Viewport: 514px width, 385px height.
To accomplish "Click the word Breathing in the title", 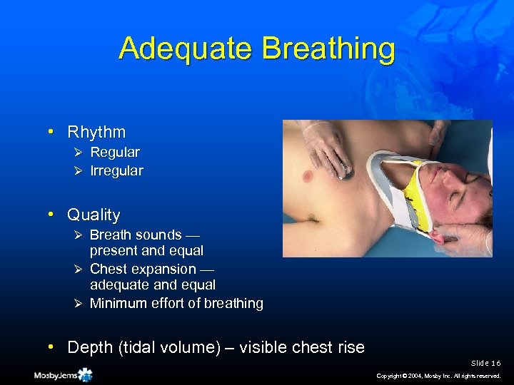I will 328,48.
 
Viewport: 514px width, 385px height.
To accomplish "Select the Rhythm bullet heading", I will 96,132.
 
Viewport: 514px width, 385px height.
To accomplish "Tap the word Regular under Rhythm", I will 115,152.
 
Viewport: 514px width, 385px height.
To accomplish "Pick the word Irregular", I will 116,170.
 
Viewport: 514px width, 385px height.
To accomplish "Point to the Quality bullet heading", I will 94,215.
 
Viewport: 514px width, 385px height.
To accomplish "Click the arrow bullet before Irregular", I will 81,171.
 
